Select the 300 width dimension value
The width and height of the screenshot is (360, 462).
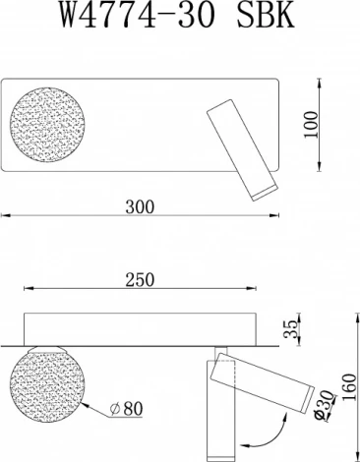pos(142,207)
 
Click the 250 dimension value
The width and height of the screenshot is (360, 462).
pos(141,280)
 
